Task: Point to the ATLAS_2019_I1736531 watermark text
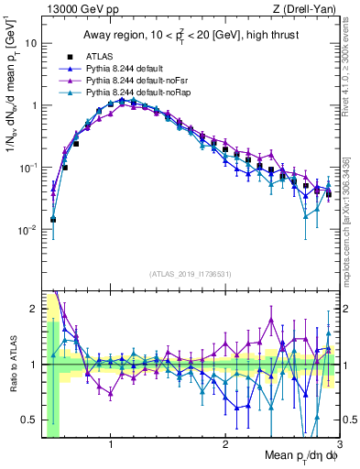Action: point(190,274)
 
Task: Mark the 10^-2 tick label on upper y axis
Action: point(27,229)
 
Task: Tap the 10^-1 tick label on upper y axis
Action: point(27,167)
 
